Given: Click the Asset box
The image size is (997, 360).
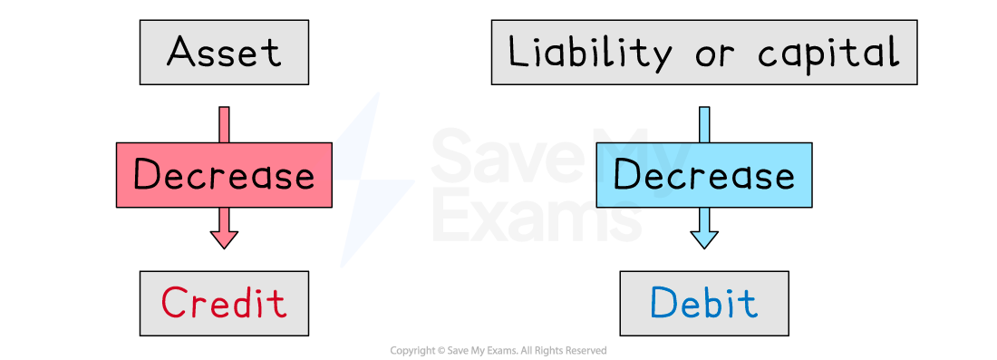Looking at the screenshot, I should coord(224,53).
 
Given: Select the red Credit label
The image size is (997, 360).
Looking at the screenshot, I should coord(224,303).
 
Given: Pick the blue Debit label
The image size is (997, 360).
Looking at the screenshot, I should coord(703,303).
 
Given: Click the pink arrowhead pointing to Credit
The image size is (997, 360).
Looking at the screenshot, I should coord(224,238).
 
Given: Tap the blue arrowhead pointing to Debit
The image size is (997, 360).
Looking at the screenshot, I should coord(704,238).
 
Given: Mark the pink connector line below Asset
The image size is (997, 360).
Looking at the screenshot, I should coord(224,124).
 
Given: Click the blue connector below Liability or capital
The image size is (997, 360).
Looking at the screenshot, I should coord(704,124).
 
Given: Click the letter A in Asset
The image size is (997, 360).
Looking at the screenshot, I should coord(181,53).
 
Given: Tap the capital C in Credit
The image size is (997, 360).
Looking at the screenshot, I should coord(173,303).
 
